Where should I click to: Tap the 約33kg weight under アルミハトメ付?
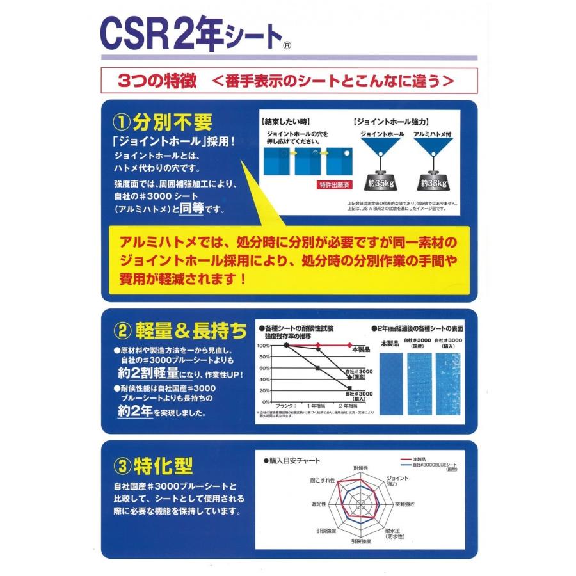coord(434,182)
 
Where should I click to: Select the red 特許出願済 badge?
coord(333,184)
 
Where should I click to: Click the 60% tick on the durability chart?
coord(264,368)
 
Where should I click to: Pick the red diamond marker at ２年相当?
coord(349,345)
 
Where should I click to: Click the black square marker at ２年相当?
coord(349,388)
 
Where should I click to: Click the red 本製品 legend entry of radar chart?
coord(420,460)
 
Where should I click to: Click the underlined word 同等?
coord(194,208)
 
